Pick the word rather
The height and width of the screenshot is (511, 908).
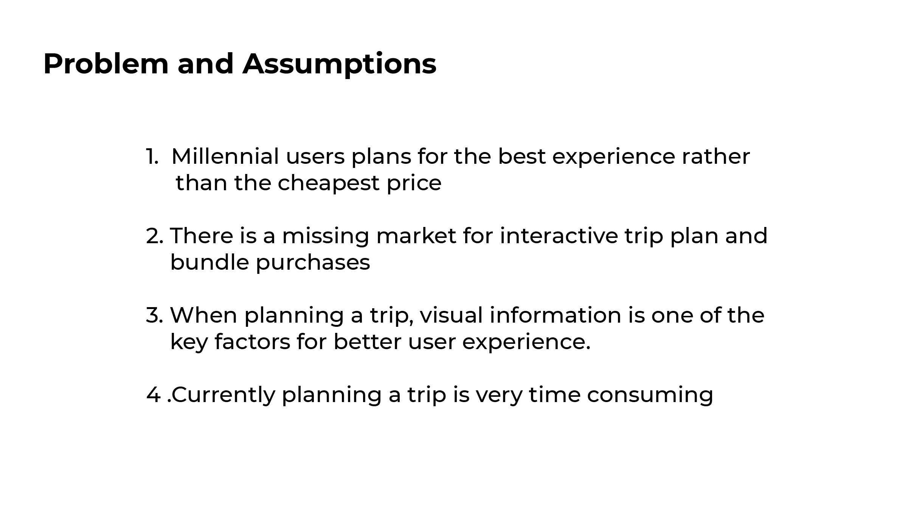click(x=716, y=157)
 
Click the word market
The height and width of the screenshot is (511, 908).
click(x=416, y=236)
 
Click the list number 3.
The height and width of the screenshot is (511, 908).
click(x=154, y=315)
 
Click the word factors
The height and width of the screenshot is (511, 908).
click(x=252, y=342)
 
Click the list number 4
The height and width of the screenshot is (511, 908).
click(x=154, y=395)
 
